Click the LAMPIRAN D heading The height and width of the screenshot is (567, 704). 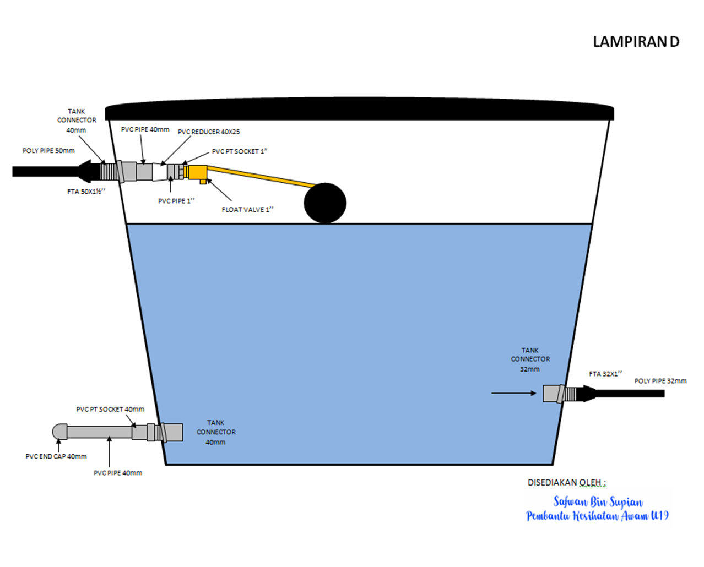[x=636, y=42]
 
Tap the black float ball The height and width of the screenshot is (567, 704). [x=325, y=203]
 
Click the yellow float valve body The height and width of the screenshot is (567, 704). [x=196, y=172]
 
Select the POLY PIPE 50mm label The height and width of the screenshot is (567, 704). [x=48, y=151]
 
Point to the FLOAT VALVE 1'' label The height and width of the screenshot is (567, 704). [x=247, y=210]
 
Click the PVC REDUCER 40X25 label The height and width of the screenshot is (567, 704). [x=209, y=132]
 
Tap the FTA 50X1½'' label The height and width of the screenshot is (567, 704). [x=86, y=192]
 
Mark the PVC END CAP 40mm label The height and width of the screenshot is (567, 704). [x=56, y=456]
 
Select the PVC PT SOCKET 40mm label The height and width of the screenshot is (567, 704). [x=110, y=409]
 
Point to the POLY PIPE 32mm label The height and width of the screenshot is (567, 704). [x=660, y=381]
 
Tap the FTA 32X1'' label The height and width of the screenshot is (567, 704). [x=605, y=374]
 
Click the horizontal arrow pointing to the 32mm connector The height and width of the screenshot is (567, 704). [x=513, y=393]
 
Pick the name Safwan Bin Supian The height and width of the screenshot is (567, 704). [x=598, y=502]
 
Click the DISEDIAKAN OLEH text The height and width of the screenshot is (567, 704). [x=566, y=483]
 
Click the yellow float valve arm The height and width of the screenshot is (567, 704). [x=259, y=177]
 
